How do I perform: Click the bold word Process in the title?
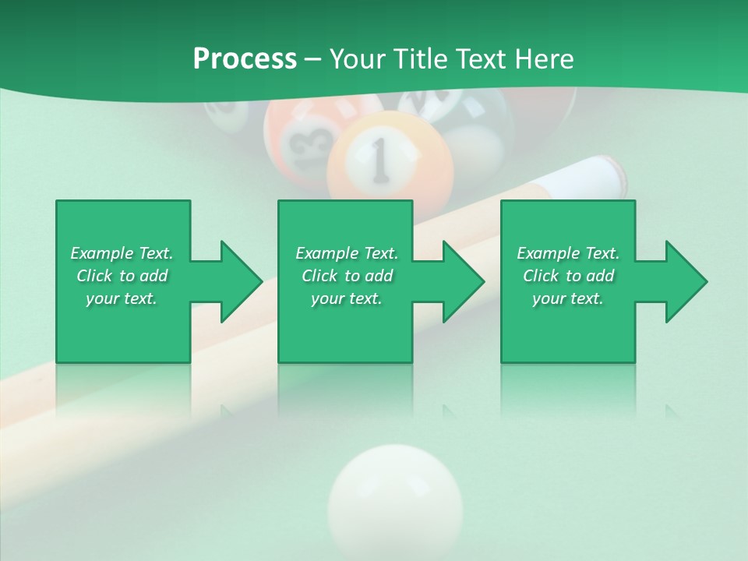pyautogui.click(x=245, y=58)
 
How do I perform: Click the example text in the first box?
pyautogui.click(x=122, y=276)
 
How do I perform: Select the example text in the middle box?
pyautogui.click(x=347, y=276)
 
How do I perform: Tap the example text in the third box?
pyautogui.click(x=568, y=276)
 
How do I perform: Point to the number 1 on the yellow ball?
pyautogui.click(x=379, y=159)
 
